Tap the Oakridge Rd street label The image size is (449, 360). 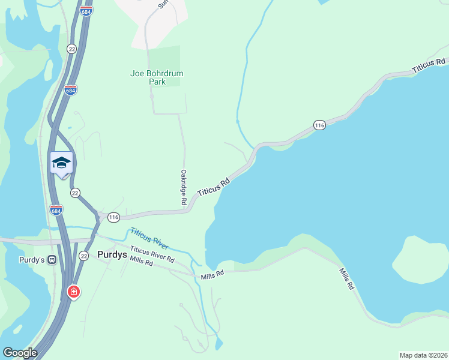pos(183,188)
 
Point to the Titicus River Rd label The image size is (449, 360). pos(152,254)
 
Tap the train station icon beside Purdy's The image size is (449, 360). pos(52,260)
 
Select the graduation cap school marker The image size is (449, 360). pos(61,163)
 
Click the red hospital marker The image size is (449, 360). pos(73,292)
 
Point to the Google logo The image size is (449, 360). pos(20,353)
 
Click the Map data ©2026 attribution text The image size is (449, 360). pos(423,355)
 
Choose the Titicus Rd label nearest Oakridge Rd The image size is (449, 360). pos(214,185)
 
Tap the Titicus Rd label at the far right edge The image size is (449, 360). pos(429,66)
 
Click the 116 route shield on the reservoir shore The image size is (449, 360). pos(319,125)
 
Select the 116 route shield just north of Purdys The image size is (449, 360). pos(114,216)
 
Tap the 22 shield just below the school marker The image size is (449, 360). pos(75,193)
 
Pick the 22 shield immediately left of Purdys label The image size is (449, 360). pos(83,256)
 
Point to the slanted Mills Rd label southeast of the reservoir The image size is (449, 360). pos(346,279)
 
